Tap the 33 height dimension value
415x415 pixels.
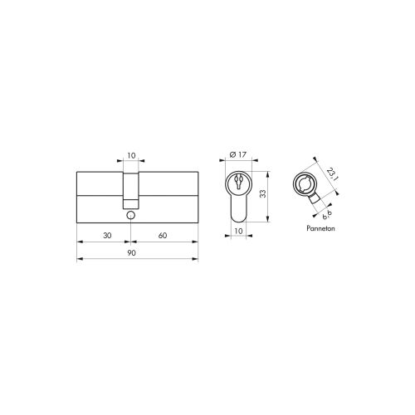(x=261, y=193)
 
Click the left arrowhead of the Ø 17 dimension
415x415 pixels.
(x=227, y=163)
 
